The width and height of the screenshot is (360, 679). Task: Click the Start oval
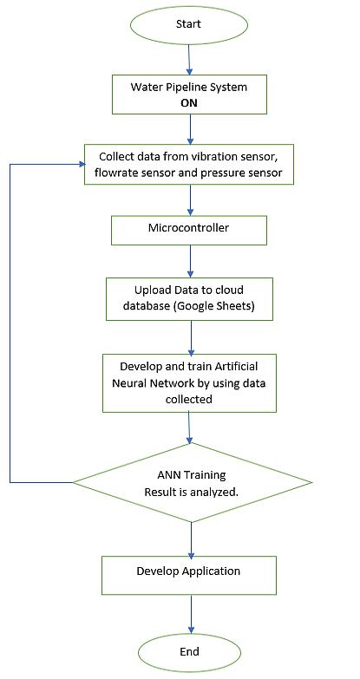pyautogui.click(x=188, y=24)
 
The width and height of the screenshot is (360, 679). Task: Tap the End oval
pyautogui.click(x=189, y=651)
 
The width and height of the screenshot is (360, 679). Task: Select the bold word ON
pyautogui.click(x=189, y=104)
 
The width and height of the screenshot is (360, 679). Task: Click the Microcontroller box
pyautogui.click(x=189, y=231)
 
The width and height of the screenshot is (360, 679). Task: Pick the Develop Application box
pyautogui.click(x=189, y=576)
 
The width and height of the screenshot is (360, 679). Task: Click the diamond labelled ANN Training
pyautogui.click(x=192, y=482)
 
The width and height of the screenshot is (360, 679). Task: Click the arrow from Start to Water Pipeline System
pyautogui.click(x=189, y=59)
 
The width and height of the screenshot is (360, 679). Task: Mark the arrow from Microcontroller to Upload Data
pyautogui.click(x=189, y=261)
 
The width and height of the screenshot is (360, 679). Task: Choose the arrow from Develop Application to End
pyautogui.click(x=190, y=614)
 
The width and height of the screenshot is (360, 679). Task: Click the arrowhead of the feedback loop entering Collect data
pyautogui.click(x=82, y=164)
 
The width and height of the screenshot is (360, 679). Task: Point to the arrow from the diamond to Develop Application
pyautogui.click(x=190, y=539)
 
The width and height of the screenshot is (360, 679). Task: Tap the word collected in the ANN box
pyautogui.click(x=189, y=399)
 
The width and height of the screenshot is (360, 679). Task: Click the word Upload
pyautogui.click(x=149, y=290)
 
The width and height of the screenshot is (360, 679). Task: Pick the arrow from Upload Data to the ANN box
pyautogui.click(x=191, y=337)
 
